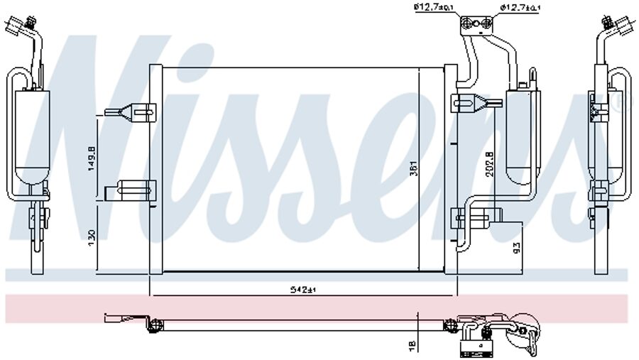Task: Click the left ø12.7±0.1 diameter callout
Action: [x=432, y=8]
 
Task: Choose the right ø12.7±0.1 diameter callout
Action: [x=520, y=8]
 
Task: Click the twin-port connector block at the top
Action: [x=475, y=26]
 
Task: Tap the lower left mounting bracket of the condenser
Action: [x=131, y=190]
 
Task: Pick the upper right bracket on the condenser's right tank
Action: [x=469, y=101]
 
